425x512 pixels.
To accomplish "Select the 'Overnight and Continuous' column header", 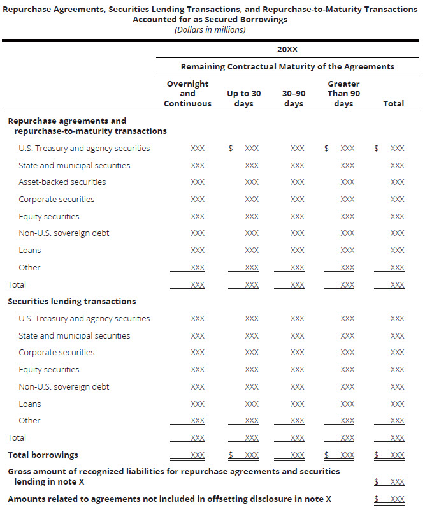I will tap(187, 94).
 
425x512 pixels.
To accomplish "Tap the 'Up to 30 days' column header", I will tap(244, 98).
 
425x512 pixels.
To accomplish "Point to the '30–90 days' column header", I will tap(294, 98).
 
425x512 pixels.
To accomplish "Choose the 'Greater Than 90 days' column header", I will tap(343, 94).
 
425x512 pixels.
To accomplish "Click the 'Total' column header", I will tap(393, 103).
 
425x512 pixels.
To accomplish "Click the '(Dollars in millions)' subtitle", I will tap(210, 29).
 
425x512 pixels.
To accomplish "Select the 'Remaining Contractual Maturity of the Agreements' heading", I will tap(287, 66).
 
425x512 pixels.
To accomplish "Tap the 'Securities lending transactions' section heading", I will tap(71, 301).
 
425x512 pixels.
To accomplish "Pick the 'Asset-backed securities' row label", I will tap(62, 182).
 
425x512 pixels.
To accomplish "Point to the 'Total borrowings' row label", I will tap(43, 455).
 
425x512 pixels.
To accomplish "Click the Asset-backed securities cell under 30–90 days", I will tap(297, 182).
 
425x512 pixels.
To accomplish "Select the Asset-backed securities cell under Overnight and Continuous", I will tap(198, 182).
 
